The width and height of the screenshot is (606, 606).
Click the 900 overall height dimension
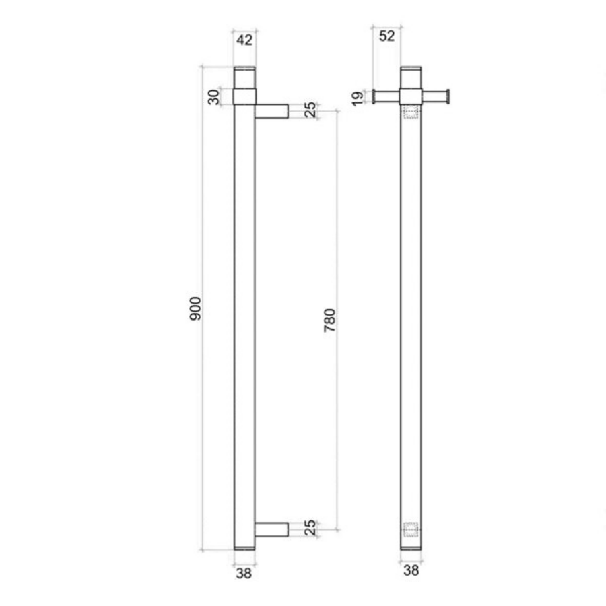click(195, 308)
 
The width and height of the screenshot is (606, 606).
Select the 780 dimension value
click(330, 321)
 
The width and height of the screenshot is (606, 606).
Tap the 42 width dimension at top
click(244, 40)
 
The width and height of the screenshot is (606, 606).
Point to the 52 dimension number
click(386, 36)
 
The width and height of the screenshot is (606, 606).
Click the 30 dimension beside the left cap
click(214, 96)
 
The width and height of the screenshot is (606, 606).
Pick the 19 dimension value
click(358, 97)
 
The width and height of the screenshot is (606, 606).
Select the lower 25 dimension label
click(310, 529)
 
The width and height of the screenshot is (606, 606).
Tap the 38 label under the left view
click(244, 574)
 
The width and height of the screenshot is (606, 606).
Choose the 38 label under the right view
click(411, 571)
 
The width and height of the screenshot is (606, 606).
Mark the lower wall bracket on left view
click(271, 530)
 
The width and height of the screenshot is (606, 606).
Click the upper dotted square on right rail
click(411, 112)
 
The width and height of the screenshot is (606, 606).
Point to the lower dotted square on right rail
click(411, 530)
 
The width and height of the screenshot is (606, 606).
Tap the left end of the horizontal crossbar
click(374, 97)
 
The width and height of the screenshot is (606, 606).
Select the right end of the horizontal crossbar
click(447, 97)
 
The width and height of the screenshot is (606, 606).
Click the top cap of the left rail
click(244, 77)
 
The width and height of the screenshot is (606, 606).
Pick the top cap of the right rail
click(411, 77)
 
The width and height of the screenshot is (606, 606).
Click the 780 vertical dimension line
click(337, 202)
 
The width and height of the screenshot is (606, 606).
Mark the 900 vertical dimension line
click(203, 202)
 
